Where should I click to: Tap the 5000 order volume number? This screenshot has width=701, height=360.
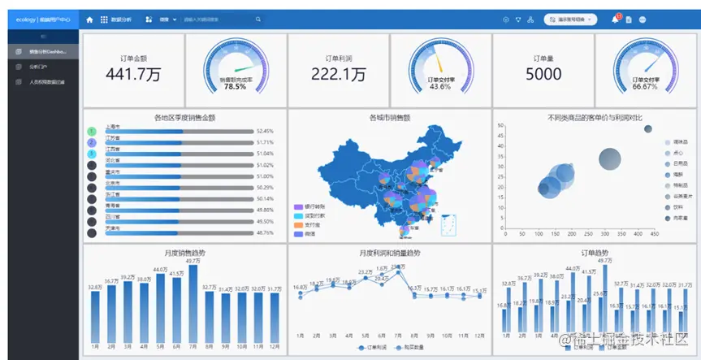click(x=543, y=75)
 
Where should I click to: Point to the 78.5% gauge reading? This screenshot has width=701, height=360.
click(x=235, y=86)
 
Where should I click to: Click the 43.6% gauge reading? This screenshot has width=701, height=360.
click(x=440, y=86)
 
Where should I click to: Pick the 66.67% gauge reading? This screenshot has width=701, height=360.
click(x=644, y=86)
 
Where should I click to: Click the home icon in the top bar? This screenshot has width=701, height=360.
click(x=89, y=19)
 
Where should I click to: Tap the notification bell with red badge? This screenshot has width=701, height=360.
click(x=615, y=19)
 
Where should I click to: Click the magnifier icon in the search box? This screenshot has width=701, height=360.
click(x=257, y=19)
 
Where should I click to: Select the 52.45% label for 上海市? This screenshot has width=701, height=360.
click(x=265, y=131)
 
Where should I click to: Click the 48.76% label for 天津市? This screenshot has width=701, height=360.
click(x=265, y=232)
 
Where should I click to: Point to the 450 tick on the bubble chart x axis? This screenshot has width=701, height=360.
click(x=656, y=233)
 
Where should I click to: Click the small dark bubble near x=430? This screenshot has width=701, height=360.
click(x=648, y=128)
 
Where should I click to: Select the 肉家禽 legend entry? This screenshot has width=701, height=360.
click(x=676, y=219)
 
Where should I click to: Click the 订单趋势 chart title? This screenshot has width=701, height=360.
click(x=595, y=253)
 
